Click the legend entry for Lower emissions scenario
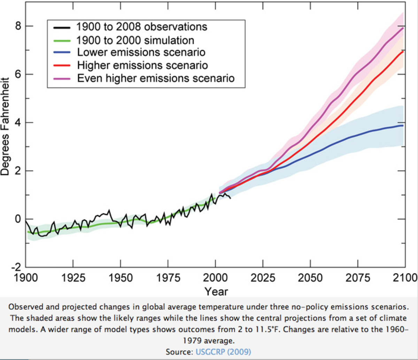(141, 52)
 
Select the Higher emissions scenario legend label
(142, 65)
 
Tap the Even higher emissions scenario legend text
(156, 78)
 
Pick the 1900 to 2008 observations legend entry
(142, 27)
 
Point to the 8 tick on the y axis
(18, 26)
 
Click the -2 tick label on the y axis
(16, 267)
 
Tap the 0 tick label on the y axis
(18, 219)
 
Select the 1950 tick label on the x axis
(120, 278)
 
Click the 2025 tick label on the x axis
(263, 278)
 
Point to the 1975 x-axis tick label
(168, 278)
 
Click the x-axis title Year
(216, 291)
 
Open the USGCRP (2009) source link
(223, 352)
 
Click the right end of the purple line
(403, 28)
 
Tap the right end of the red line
(403, 52)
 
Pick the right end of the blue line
(403, 125)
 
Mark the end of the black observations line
(230, 198)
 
